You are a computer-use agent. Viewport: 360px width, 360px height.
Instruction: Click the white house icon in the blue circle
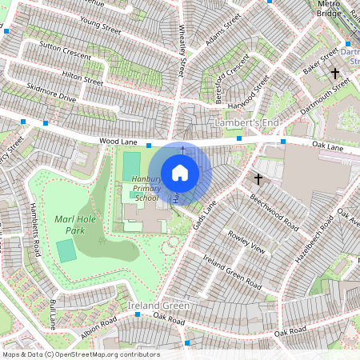(x=180, y=172)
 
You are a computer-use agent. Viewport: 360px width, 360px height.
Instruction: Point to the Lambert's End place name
(x=246, y=122)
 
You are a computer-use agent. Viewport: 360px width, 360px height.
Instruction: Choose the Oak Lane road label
(x=327, y=146)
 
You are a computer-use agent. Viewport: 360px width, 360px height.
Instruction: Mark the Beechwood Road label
(x=274, y=210)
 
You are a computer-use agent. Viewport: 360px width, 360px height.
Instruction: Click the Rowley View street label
(x=246, y=242)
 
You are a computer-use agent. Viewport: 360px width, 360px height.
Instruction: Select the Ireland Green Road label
(x=231, y=272)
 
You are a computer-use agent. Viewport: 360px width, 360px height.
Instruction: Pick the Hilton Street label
(x=82, y=77)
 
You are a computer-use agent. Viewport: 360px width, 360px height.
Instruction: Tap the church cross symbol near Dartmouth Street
(x=335, y=74)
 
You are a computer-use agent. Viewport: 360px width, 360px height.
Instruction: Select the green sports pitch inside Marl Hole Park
(x=67, y=250)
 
